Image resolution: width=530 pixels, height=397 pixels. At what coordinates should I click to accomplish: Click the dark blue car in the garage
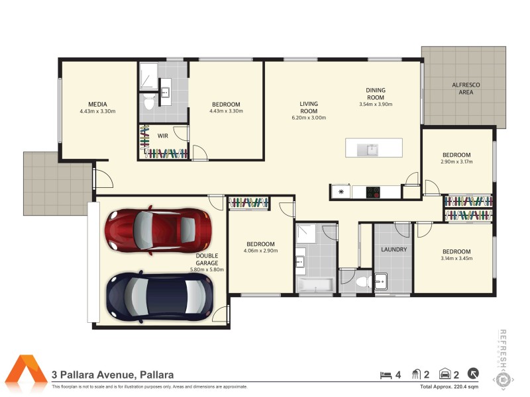(160, 296)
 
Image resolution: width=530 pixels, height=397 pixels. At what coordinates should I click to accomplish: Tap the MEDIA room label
(97, 104)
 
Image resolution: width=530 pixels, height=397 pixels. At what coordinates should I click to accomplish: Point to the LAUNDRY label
(394, 250)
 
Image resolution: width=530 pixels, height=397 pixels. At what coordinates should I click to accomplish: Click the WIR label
(162, 136)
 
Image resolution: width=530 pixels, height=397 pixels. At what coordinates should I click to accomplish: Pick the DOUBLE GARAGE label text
(207, 259)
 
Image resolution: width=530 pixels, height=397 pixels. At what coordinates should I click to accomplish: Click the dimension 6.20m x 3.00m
(309, 118)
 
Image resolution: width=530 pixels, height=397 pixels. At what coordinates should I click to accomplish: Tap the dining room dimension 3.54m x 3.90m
(376, 104)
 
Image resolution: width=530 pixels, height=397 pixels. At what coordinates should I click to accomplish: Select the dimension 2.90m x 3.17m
(456, 161)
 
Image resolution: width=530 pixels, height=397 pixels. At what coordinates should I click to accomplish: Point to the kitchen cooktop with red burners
(374, 193)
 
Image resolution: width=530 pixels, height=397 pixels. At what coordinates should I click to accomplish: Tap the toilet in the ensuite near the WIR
(149, 103)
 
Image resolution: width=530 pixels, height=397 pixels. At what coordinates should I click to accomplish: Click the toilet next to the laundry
(362, 283)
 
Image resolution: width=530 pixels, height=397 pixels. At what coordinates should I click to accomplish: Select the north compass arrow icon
(474, 374)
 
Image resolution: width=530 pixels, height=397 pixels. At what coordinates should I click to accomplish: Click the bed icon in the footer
(386, 375)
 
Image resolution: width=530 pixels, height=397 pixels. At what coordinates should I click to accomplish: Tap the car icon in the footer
(446, 375)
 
